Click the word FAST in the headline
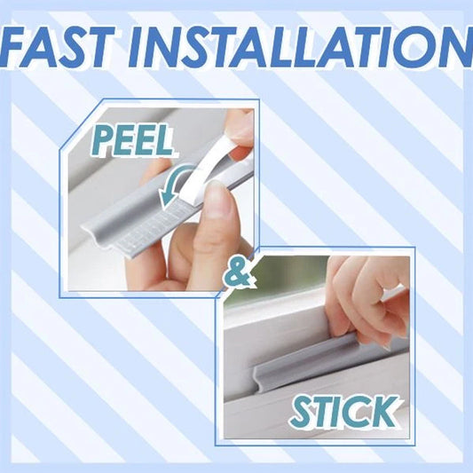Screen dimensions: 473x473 click(58, 47)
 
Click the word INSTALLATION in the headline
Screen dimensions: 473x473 click(300, 47)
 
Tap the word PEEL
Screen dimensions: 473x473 click(133, 140)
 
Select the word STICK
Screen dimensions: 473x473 click(345, 411)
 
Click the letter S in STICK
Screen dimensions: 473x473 click(303, 412)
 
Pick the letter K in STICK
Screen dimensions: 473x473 click(385, 411)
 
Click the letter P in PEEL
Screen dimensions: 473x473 click(104, 141)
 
